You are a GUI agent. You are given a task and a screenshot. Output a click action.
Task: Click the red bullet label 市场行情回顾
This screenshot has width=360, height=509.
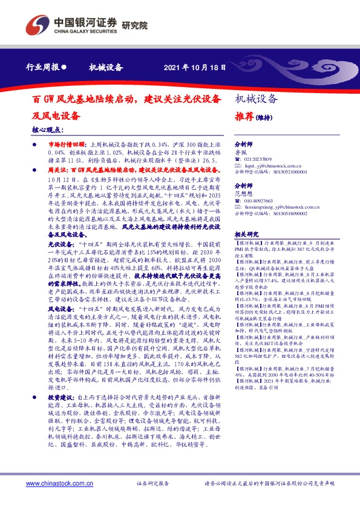64,146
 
